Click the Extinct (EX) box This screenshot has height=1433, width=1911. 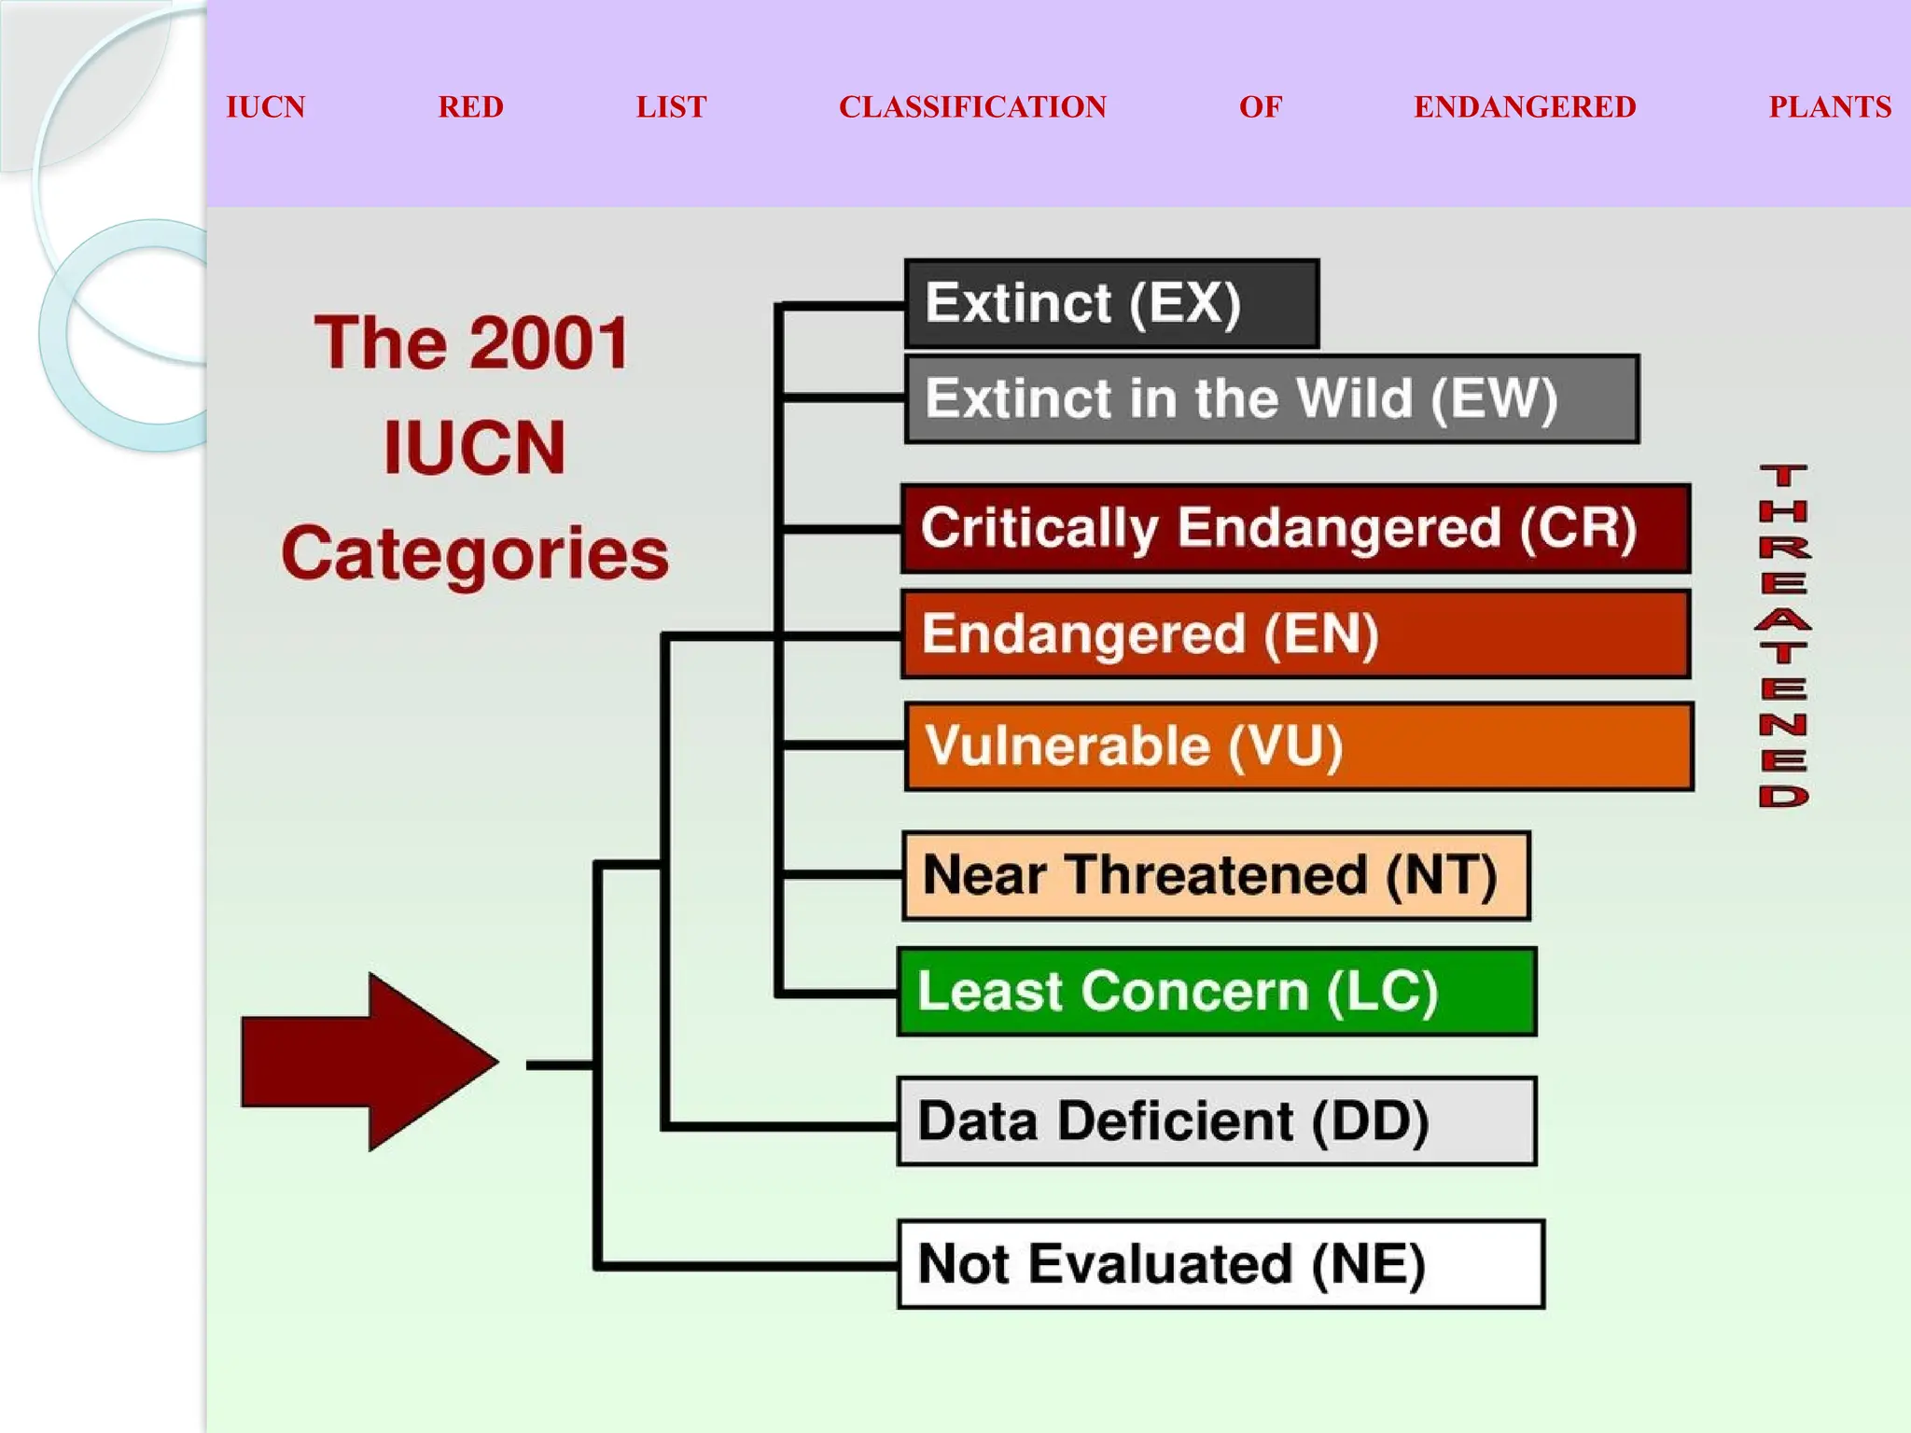tap(1111, 304)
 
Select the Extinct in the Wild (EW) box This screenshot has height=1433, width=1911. tap(1272, 399)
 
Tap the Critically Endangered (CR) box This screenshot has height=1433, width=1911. tap(1295, 528)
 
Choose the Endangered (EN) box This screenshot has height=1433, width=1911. tap(1295, 634)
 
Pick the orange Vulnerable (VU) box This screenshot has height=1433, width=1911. tap(1298, 746)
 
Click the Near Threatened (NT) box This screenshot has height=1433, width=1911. tap(1216, 876)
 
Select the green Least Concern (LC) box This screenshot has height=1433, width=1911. tap(1217, 992)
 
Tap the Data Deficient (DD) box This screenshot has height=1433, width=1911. tap(1217, 1121)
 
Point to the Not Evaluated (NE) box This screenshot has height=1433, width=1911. tap(1221, 1264)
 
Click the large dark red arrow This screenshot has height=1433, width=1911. tap(369, 1063)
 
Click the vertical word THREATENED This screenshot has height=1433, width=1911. tap(1783, 635)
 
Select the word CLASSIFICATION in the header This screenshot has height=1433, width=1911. tap(972, 107)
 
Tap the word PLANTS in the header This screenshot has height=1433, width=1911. tap(1829, 107)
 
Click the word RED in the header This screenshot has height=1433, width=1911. tap(470, 107)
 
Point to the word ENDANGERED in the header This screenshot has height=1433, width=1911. tap(1525, 107)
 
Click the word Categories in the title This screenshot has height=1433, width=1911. tap(475, 553)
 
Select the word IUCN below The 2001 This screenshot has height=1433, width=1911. tap(474, 448)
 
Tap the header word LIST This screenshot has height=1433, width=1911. tap(671, 107)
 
